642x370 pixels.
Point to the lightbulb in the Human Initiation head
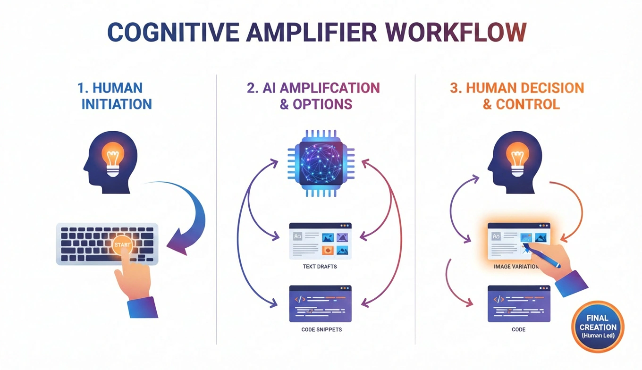pos(113,158)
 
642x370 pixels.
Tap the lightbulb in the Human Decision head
pos(517,158)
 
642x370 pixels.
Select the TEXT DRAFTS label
pos(320,267)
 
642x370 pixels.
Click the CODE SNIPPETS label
pos(321,329)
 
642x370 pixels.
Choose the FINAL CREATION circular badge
pos(598,327)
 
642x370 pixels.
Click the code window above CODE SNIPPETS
pos(320,303)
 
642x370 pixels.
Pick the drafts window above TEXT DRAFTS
pos(320,241)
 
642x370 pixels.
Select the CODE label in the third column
pos(518,329)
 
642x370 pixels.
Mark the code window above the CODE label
pos(518,303)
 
